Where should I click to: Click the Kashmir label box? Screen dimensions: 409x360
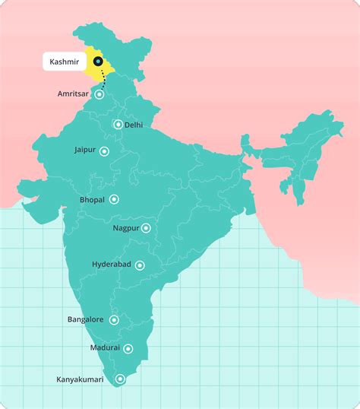coord(64,61)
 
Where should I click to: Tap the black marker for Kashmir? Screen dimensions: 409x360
coord(97,61)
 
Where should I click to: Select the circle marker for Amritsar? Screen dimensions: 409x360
coord(99,95)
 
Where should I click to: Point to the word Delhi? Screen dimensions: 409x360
coord(134,125)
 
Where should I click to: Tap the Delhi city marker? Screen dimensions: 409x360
coord(117,125)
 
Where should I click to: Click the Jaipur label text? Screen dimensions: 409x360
coord(85,151)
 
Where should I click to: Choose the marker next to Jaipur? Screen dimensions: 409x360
coord(104,151)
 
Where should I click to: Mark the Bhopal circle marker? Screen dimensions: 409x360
coord(114,199)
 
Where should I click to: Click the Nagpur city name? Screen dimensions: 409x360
coord(125,227)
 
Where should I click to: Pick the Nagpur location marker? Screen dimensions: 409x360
coord(146,228)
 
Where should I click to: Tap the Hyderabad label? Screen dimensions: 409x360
coord(112,264)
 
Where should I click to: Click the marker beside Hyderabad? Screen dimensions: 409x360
coord(140,265)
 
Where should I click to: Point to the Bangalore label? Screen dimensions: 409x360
coord(86,320)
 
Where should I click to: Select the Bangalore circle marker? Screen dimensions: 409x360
coord(114,320)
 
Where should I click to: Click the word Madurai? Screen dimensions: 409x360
coord(105,347)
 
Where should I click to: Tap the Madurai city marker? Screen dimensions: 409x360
coord(128,349)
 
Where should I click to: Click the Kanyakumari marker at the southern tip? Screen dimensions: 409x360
coord(120,379)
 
